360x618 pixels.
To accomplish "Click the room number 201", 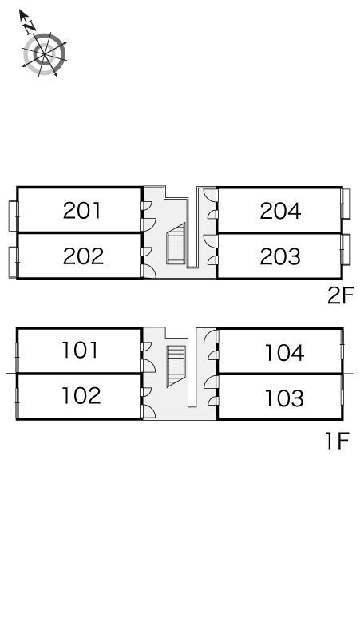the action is click(82, 211).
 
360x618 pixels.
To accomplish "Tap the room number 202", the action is click(83, 256).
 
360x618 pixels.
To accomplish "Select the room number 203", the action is click(280, 256).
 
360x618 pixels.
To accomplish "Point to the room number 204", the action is click(280, 211).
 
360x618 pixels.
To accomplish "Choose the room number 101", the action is click(80, 350).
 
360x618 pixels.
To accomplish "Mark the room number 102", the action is click(81, 396).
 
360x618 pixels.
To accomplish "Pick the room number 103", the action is click(284, 398).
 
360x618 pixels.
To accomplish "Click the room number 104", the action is click(284, 353).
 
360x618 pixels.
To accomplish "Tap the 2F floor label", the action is click(341, 295).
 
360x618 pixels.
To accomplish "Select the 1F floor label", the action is click(338, 441).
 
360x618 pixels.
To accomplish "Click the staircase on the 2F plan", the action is click(176, 244).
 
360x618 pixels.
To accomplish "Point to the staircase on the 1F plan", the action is click(176, 366).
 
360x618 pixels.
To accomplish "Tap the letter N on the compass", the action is click(29, 28).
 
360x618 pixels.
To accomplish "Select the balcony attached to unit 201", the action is click(14, 216).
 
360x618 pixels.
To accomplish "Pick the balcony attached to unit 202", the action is click(14, 262).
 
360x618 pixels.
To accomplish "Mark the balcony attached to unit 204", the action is click(346, 204).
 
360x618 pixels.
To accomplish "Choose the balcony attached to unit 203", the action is click(346, 249).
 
